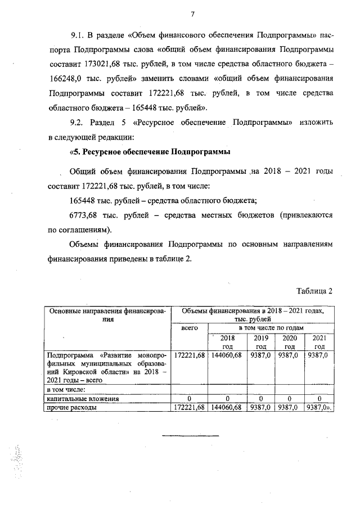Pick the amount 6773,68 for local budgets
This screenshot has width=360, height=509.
pyautogui.click(x=82, y=215)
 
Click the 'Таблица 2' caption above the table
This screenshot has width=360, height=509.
pyautogui.click(x=314, y=290)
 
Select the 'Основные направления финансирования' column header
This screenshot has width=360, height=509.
pyautogui.click(x=109, y=314)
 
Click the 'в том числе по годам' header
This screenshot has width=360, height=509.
pyautogui.click(x=271, y=327)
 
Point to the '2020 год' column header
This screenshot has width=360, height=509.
pyautogui.click(x=289, y=342)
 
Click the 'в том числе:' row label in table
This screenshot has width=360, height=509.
pyautogui.click(x=65, y=389)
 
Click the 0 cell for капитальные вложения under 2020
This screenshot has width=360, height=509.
pyautogui.click(x=289, y=398)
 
